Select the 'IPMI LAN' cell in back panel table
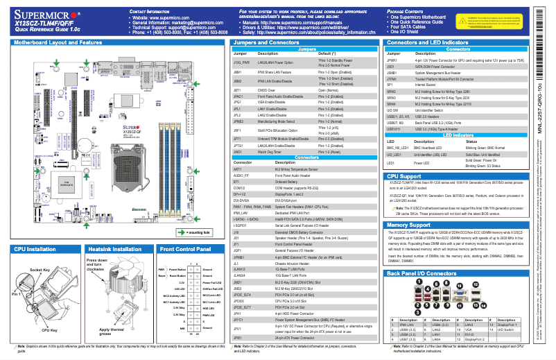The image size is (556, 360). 406,324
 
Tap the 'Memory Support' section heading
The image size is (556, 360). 414,225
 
